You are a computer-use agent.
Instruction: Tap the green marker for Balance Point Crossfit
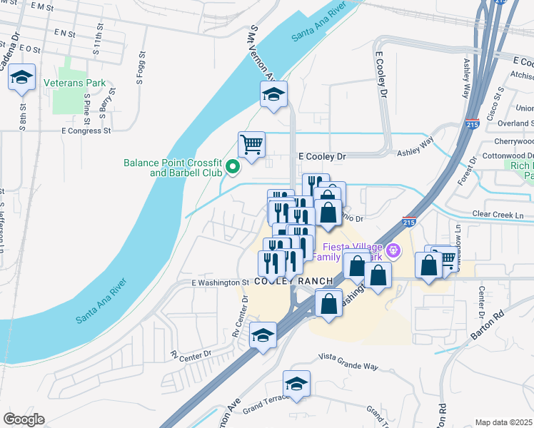[x=232, y=168]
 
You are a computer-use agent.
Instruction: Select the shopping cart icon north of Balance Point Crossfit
[x=251, y=145]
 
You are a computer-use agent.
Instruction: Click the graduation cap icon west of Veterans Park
[x=21, y=77]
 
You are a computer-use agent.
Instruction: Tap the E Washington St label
[x=219, y=282]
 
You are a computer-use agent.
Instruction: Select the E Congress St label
[x=87, y=131]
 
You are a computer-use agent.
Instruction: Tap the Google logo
[x=24, y=419]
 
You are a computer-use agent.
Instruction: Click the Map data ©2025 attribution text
[x=503, y=422]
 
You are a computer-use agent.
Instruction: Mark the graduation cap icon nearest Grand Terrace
[x=296, y=384]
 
